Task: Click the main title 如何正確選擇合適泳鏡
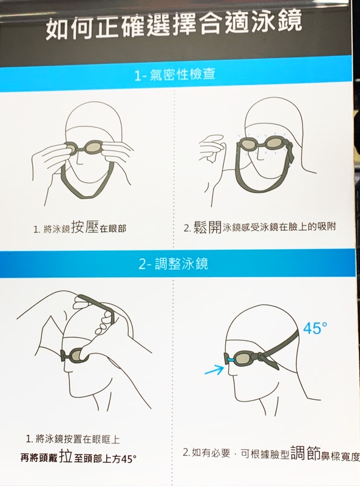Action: (174, 26)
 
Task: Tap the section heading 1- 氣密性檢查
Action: (175, 74)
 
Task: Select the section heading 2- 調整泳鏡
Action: (173, 264)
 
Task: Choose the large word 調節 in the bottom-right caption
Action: (305, 453)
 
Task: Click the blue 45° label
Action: (314, 329)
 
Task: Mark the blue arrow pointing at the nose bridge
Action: (214, 369)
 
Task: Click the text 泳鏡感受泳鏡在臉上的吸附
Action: (279, 227)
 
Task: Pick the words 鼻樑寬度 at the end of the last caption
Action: (340, 456)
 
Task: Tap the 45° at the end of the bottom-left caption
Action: (129, 459)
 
